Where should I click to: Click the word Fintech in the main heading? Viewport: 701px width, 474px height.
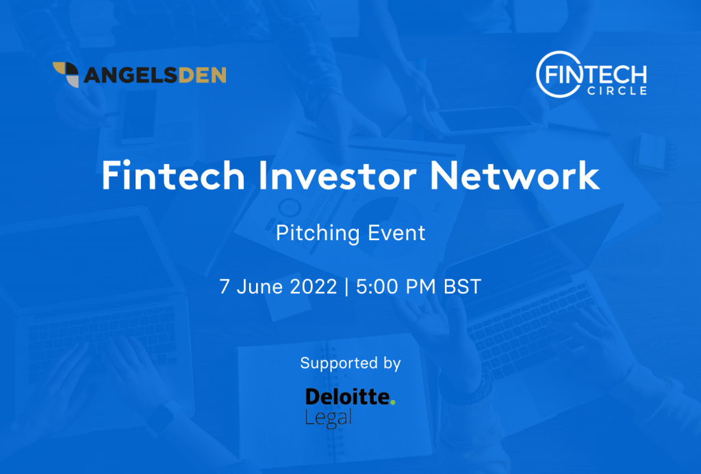pos(173,176)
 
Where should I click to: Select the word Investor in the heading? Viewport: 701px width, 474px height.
pos(337,176)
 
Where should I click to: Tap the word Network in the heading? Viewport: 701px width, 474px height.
pos(515,176)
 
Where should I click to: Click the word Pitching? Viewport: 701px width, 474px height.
pos(318,234)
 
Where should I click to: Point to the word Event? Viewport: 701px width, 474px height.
pos(396,233)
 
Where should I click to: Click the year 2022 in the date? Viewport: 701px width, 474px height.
pos(314,287)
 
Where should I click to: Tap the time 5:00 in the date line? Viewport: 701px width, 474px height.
pos(377,287)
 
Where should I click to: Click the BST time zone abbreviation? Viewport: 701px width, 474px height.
pos(462,287)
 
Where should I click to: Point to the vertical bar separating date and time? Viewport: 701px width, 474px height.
pos(346,287)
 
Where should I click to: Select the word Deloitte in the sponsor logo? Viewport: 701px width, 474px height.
pos(347,397)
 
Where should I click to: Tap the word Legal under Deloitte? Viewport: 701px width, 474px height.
pos(329,418)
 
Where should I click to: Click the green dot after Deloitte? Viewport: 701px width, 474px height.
pos(392,402)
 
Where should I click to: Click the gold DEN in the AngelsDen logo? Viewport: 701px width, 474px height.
pos(202,75)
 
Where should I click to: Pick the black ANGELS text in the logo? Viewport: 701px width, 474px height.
pos(131,75)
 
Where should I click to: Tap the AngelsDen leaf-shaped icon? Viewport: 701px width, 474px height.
pos(66,74)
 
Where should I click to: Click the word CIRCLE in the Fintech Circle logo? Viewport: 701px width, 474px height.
pos(617,91)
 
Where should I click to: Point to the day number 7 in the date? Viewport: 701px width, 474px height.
pos(225,287)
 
